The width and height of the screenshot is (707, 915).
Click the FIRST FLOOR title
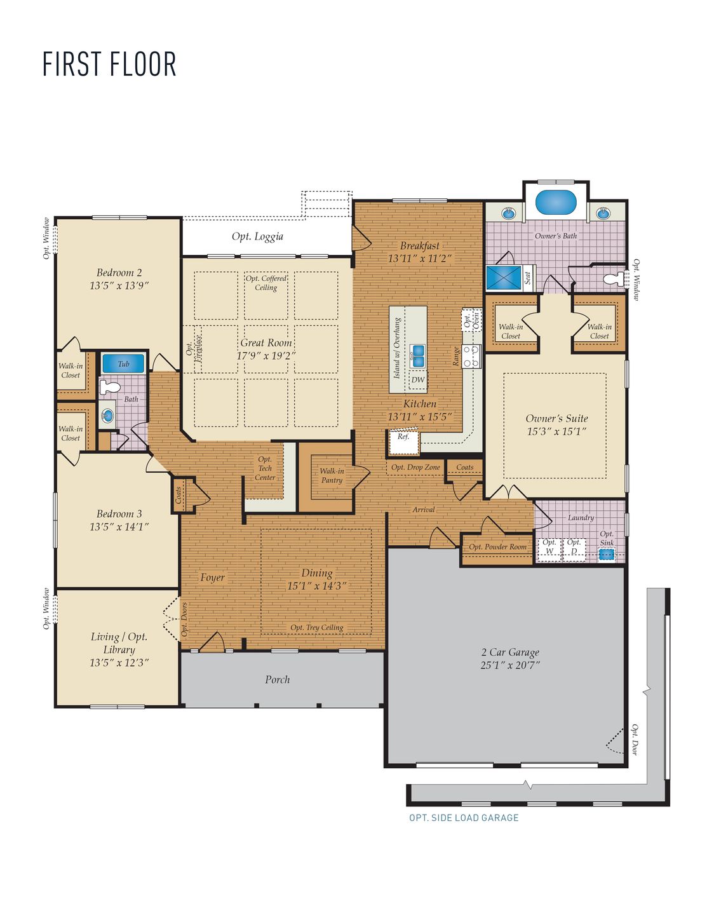109,64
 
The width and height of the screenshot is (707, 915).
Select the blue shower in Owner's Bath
504,278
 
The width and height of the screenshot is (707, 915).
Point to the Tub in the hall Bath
123,364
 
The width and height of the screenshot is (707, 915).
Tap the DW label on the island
417,380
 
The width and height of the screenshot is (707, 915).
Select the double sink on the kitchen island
417,355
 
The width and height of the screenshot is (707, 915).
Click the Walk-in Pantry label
332,475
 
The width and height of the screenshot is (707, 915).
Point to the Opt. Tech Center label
265,468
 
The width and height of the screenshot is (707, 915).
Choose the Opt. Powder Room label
497,546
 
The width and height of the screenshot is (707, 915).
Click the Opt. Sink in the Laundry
607,553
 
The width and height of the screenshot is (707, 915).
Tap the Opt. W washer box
549,547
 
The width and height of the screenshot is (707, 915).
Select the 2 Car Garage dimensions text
510,665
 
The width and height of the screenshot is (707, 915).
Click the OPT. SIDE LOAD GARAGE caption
464,818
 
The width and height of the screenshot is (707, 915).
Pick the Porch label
278,680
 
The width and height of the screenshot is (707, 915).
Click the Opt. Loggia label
257,236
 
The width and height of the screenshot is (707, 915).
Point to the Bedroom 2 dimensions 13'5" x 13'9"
119,286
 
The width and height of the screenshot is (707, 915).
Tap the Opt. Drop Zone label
415,467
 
